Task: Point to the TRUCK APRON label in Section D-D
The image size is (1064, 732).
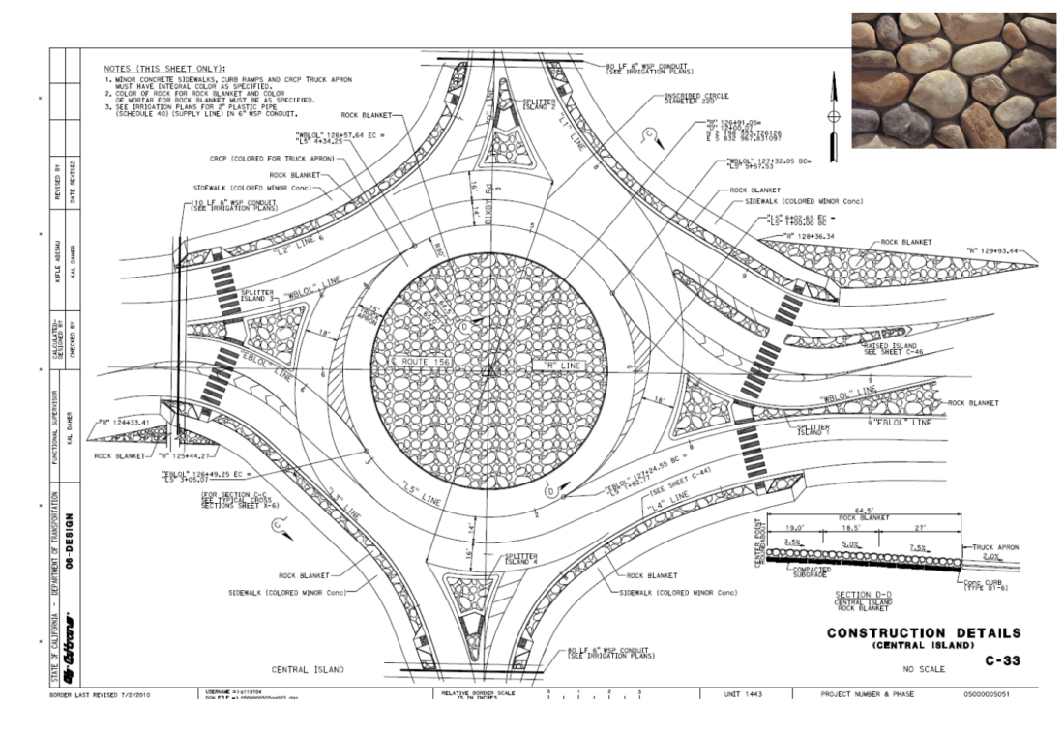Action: [x=1009, y=546]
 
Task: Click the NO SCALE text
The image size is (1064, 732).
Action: [x=921, y=667]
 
